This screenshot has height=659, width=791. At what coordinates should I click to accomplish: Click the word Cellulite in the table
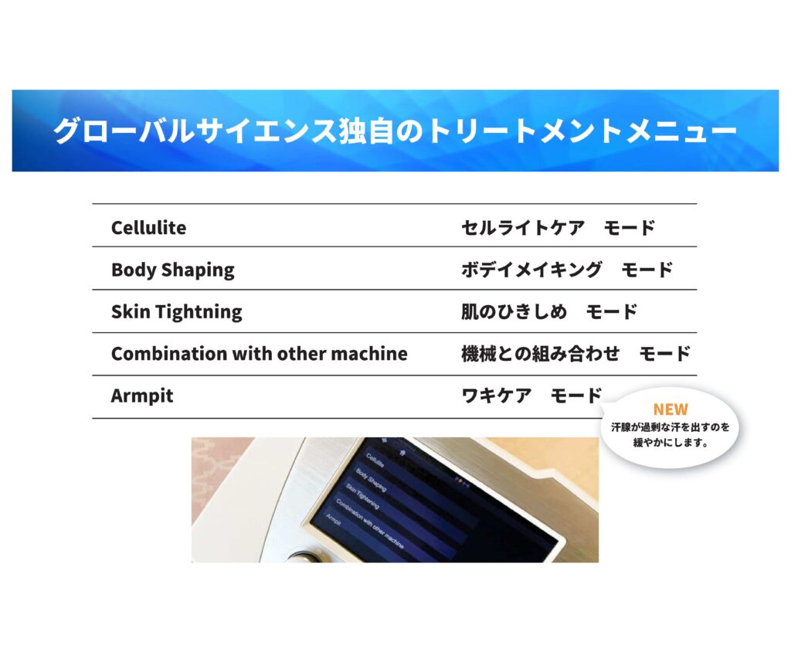[x=149, y=228]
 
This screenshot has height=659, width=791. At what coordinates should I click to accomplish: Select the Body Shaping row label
[x=173, y=270]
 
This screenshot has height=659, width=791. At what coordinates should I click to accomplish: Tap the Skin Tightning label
[x=177, y=312]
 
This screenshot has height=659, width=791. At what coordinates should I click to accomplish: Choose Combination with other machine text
[x=260, y=354]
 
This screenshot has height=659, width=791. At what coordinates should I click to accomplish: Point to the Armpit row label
[x=142, y=396]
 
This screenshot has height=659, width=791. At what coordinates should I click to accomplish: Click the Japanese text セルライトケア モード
[x=558, y=228]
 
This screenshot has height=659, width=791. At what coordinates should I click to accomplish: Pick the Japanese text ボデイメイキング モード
[x=567, y=270]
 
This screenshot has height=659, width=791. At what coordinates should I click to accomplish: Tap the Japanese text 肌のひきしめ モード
[x=549, y=311]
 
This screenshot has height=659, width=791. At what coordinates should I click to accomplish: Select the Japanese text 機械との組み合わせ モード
[x=575, y=353]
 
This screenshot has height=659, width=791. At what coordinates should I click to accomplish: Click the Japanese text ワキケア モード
[x=531, y=395]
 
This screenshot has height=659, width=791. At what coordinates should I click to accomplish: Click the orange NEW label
[x=670, y=409]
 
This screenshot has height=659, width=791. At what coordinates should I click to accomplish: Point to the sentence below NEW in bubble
[x=670, y=435]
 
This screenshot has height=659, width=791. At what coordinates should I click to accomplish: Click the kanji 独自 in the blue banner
[x=366, y=131]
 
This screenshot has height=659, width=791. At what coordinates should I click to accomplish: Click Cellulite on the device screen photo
[x=375, y=460]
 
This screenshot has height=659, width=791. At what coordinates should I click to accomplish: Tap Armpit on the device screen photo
[x=334, y=519]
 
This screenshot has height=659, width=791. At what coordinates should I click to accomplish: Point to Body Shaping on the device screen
[x=372, y=480]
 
